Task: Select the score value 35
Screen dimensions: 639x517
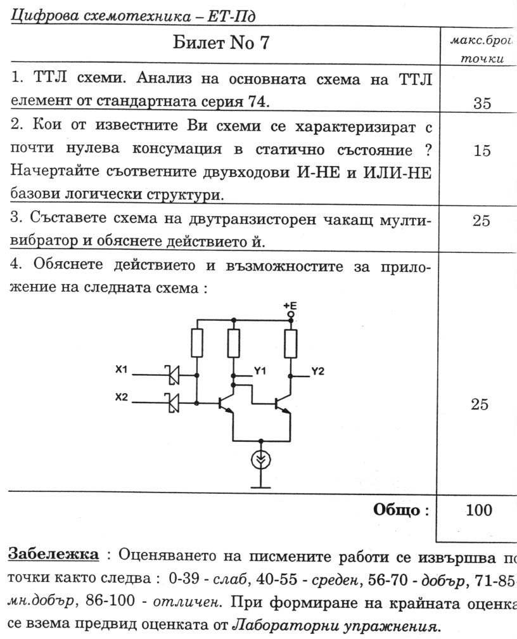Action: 482,104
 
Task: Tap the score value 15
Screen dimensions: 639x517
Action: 482,150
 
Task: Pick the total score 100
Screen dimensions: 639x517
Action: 479,510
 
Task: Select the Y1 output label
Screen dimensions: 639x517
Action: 260,370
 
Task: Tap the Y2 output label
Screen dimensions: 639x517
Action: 317,372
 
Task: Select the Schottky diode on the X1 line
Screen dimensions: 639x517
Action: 172,375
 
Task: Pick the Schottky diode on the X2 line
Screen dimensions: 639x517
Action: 172,402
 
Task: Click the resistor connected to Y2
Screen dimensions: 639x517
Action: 291,344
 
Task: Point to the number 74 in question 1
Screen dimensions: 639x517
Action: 260,101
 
